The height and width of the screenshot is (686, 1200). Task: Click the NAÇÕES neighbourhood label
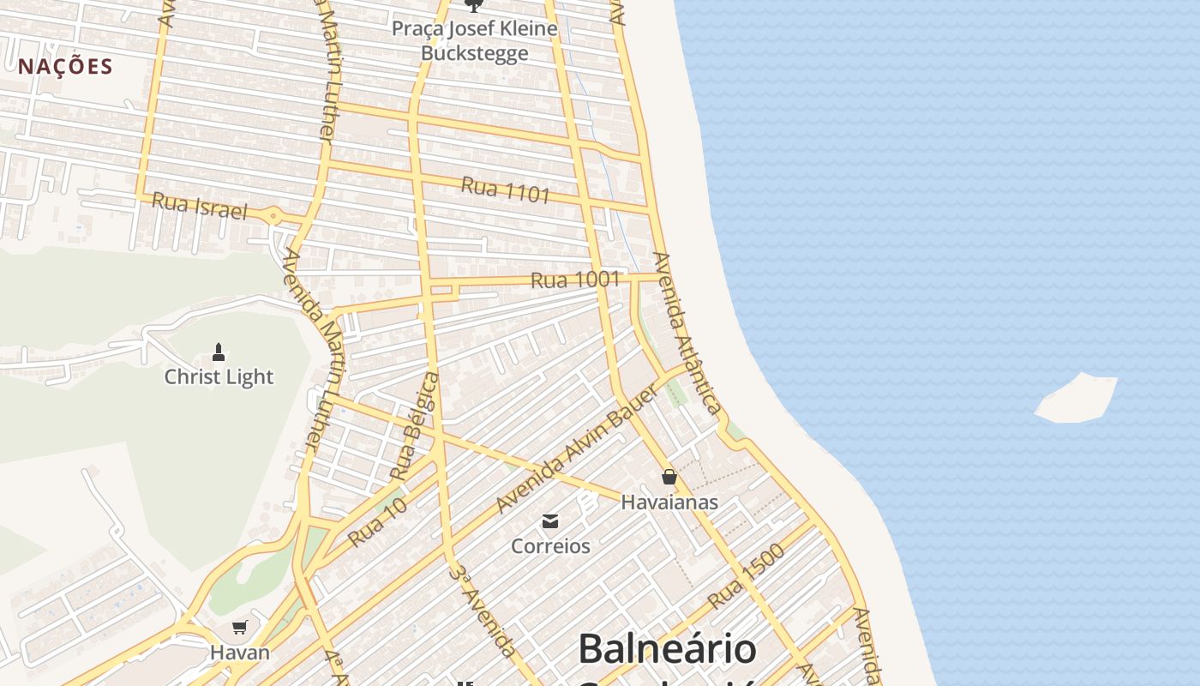tap(66, 67)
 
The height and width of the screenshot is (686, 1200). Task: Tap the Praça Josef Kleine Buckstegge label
tap(474, 40)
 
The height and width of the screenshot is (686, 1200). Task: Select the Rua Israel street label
tap(199, 206)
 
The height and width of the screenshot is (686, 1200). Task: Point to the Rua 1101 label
tap(505, 190)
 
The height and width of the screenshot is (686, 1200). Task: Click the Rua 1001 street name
tap(574, 280)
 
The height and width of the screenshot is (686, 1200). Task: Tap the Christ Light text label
tap(219, 376)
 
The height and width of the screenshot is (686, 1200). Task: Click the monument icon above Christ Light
tap(219, 352)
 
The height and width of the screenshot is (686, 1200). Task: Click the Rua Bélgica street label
tap(414, 426)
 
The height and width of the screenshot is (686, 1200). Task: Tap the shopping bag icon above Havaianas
tap(669, 477)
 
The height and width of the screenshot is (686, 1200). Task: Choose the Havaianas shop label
tap(669, 502)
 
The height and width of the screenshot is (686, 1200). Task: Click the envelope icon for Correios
tap(550, 521)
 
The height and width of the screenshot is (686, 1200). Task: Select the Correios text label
tap(550, 546)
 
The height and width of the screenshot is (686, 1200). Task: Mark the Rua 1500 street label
tap(747, 576)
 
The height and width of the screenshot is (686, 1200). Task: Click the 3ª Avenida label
tap(482, 610)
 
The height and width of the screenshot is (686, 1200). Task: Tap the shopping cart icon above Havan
tap(240, 628)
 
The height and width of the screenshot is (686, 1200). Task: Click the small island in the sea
tap(1077, 399)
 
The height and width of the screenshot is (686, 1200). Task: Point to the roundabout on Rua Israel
tap(273, 216)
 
